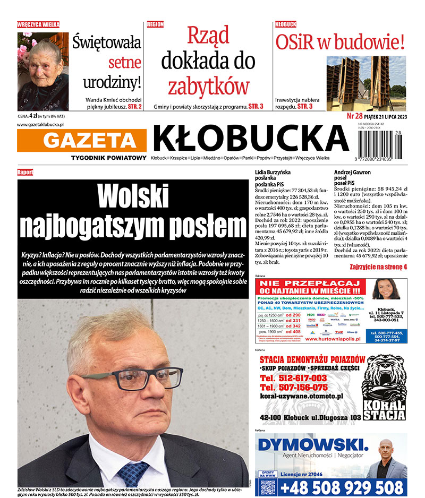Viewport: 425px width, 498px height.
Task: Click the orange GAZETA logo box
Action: tap(83, 140)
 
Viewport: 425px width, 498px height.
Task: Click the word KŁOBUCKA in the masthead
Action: tap(250, 138)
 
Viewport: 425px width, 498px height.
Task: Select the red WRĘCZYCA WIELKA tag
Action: tap(38, 24)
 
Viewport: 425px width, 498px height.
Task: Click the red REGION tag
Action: tap(155, 24)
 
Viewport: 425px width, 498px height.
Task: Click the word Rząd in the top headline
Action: tap(208, 36)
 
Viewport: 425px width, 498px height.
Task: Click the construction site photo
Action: tap(366, 83)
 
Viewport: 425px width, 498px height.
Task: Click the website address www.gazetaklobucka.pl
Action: tap(40, 124)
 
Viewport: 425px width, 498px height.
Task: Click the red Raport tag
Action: tap(25, 172)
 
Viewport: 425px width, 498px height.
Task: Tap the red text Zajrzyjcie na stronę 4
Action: tap(378, 267)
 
